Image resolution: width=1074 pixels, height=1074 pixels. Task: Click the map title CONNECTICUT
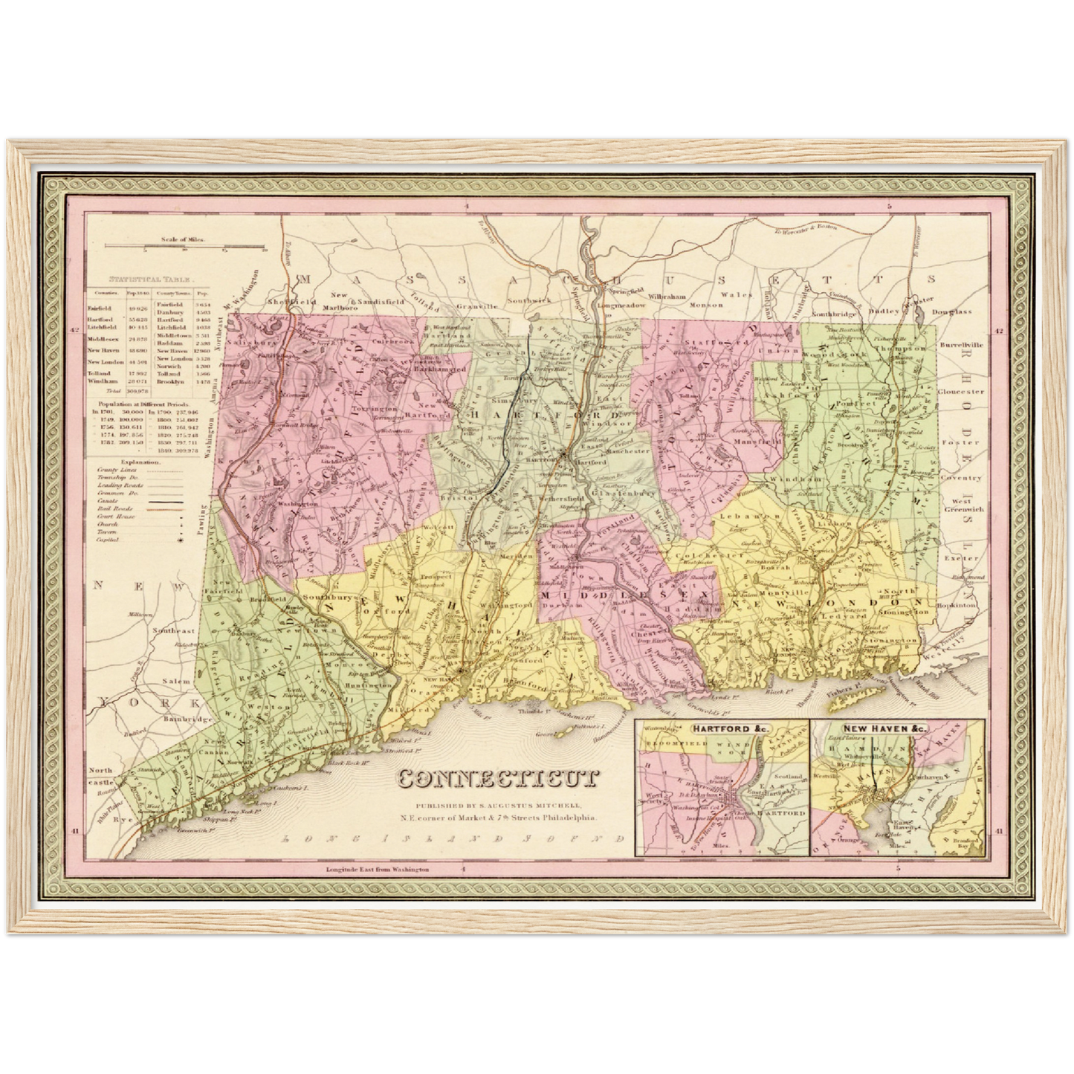[x=498, y=778]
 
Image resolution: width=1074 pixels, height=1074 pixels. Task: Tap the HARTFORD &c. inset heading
[x=721, y=730]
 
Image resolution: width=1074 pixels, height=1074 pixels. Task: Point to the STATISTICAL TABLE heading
[x=151, y=280]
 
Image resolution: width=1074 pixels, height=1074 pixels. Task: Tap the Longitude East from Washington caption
[x=378, y=869]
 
